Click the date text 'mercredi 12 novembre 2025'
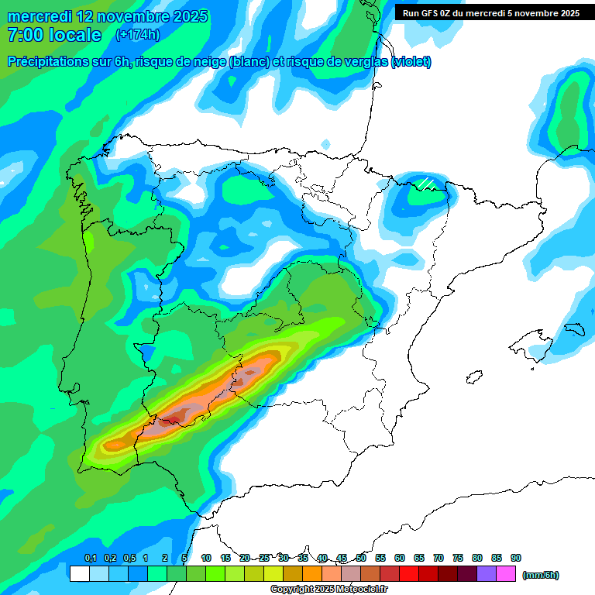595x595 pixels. click(x=107, y=16)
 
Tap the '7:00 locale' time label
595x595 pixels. click(x=54, y=35)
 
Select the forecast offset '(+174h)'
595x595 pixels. click(x=138, y=35)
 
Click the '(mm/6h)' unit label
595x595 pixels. click(x=540, y=575)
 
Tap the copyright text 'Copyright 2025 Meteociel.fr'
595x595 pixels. click(x=329, y=590)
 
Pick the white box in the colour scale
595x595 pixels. click(x=79, y=574)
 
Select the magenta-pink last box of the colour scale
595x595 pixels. click(x=506, y=574)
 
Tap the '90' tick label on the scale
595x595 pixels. click(x=516, y=558)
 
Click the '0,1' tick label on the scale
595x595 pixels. click(x=90, y=558)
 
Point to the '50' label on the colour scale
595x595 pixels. click(x=361, y=558)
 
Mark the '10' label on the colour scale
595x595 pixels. click(x=206, y=558)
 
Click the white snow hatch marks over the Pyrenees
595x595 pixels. click(x=425, y=184)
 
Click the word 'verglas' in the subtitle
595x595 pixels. click(x=363, y=62)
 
